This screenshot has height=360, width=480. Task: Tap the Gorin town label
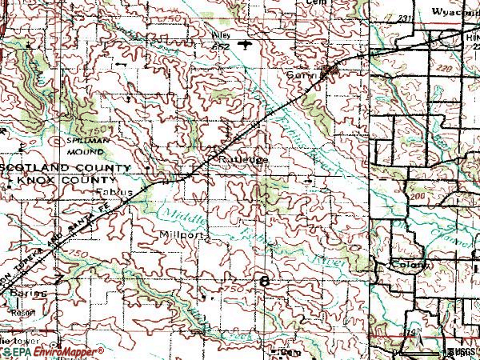tap(301, 74)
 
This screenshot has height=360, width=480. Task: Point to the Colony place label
tap(407, 264)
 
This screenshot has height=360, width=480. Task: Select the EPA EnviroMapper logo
tap(51, 351)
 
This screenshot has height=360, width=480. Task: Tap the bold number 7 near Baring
tap(59, 279)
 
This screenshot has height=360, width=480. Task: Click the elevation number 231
tap(403, 17)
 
